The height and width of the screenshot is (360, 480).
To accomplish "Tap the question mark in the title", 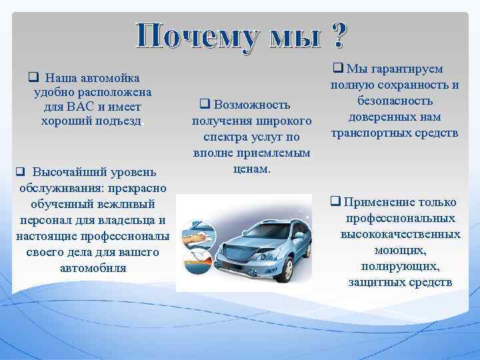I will (x=337, y=35).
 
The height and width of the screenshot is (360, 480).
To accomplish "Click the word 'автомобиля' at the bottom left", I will (x=93, y=268).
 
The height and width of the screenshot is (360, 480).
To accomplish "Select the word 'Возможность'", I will (x=253, y=105).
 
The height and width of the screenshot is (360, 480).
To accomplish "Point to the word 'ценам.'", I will (x=251, y=169).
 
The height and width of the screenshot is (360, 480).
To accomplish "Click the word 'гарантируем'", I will (x=405, y=69).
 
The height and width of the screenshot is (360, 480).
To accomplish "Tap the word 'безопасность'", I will (x=395, y=101).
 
